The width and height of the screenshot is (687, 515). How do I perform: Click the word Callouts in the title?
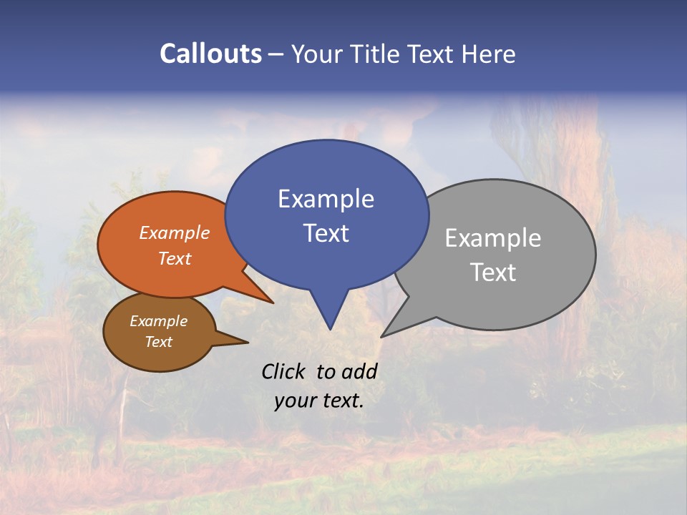point(210,54)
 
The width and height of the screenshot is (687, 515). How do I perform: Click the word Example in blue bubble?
point(326,199)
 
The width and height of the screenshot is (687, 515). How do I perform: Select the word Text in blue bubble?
point(326,233)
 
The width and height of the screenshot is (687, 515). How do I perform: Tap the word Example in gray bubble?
point(493,238)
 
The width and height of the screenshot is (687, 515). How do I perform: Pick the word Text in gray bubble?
point(493,273)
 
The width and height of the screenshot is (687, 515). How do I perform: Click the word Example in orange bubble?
point(174,233)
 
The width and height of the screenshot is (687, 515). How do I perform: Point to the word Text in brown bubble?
point(158,342)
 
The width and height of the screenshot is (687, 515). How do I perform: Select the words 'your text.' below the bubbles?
point(319,401)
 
